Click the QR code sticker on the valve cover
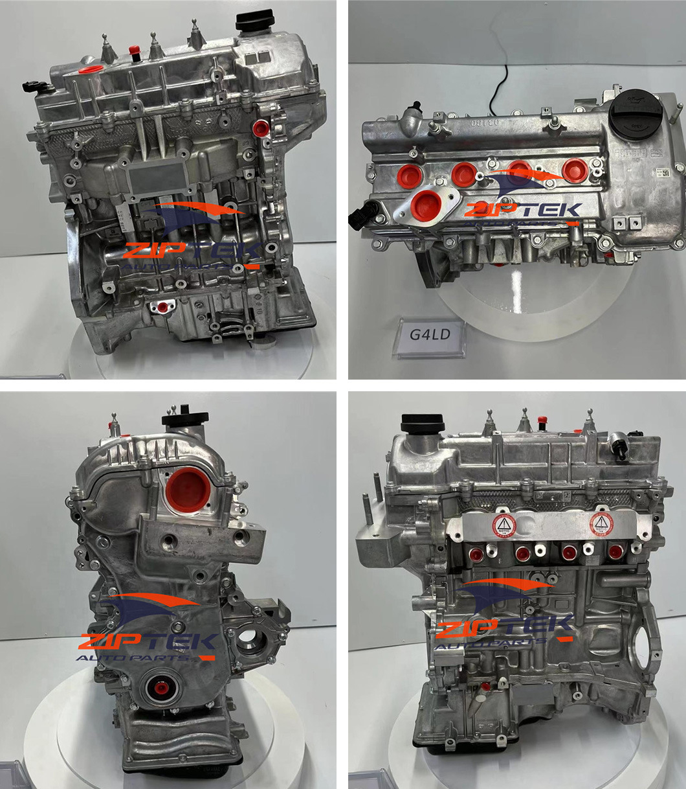662,174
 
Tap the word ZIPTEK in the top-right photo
523,209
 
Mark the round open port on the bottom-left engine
249,641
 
